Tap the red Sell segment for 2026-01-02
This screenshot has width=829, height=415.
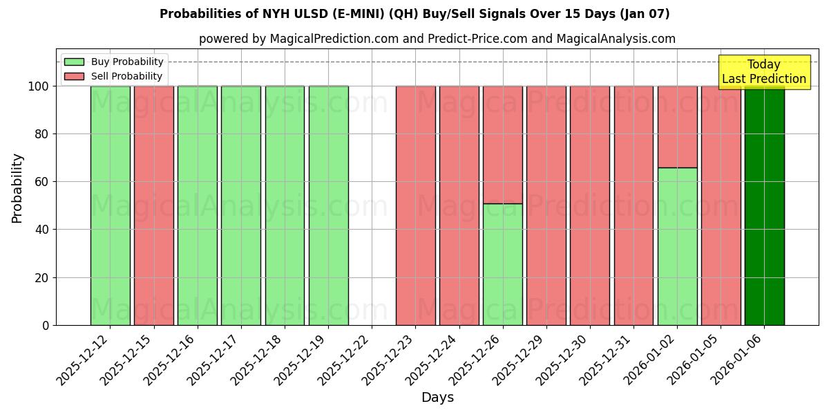(677, 127)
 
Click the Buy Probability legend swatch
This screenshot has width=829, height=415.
(74, 62)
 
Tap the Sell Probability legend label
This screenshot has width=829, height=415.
(126, 76)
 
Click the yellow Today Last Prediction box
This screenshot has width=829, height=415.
(763, 72)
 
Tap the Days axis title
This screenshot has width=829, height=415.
(437, 398)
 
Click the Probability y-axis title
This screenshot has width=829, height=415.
(17, 188)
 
